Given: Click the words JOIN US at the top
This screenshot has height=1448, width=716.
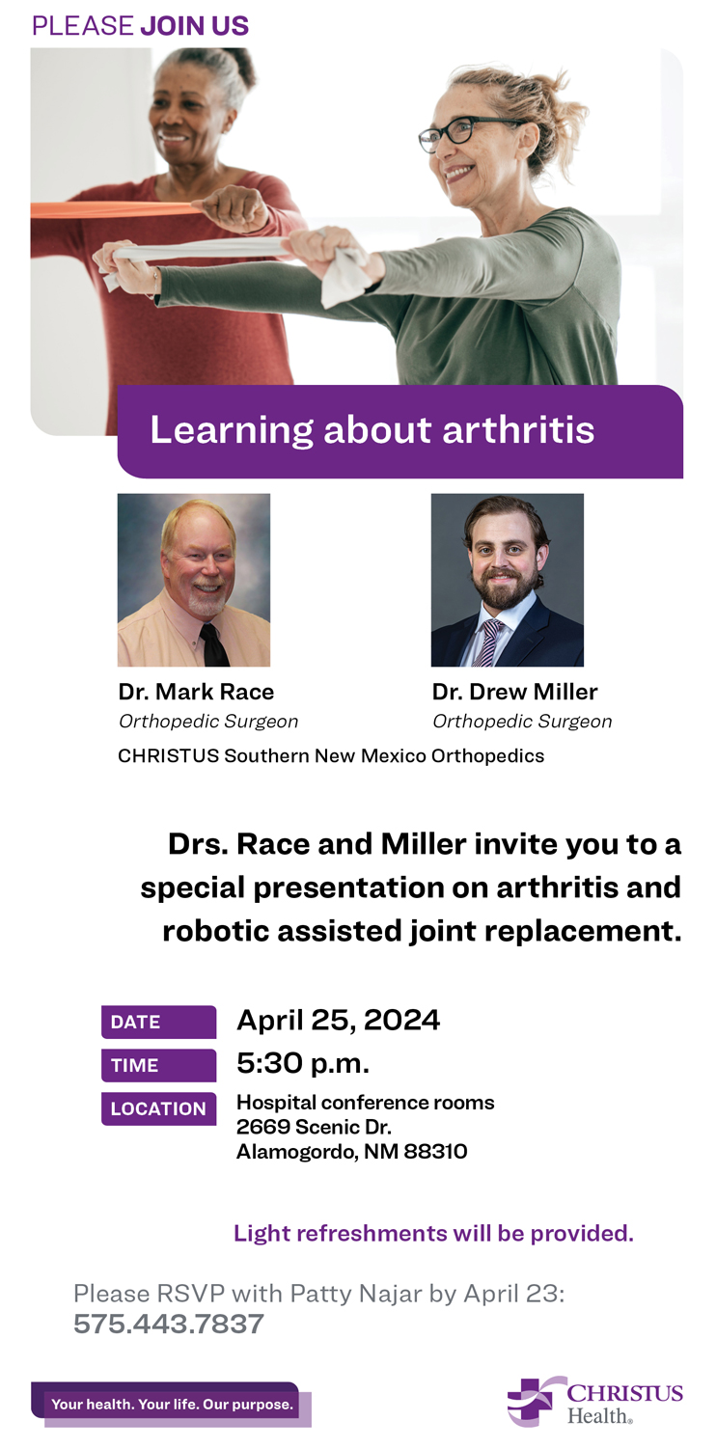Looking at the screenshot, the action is click(195, 26).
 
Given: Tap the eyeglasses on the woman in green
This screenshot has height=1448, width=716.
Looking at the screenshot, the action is click(467, 132).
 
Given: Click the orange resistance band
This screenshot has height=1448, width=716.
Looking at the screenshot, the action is click(117, 209).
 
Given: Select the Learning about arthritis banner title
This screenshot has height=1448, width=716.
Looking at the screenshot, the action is click(372, 430).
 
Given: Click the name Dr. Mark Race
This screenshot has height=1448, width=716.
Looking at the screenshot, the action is click(196, 692).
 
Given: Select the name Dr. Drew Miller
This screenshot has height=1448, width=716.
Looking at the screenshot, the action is click(515, 692).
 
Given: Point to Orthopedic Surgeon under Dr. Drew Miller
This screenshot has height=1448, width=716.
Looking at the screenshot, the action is click(522, 722).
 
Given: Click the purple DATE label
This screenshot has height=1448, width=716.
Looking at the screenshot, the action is click(158, 1022).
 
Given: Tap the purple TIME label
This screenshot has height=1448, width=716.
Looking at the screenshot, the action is click(158, 1065).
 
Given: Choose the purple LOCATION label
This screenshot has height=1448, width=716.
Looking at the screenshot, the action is click(158, 1108).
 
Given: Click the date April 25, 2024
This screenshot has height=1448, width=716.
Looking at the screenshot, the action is click(339, 1021).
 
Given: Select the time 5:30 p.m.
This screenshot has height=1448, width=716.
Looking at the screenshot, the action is click(303, 1064).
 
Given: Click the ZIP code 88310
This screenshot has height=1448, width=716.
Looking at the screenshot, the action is click(435, 1151).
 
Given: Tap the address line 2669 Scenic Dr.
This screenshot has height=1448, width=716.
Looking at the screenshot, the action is click(314, 1127).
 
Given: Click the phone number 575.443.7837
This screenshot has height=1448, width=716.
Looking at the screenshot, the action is click(169, 1324).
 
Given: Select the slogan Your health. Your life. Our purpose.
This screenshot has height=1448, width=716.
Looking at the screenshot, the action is click(172, 1404).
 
